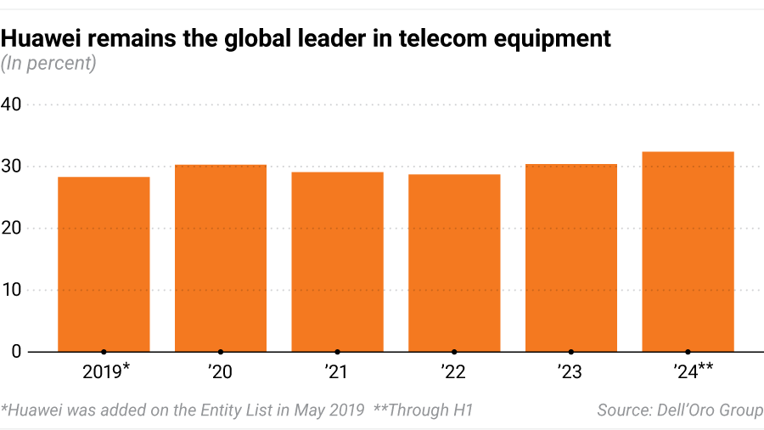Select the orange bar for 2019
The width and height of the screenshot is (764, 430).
104,264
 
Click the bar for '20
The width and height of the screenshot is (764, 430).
221,258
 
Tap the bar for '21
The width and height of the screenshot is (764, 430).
337,262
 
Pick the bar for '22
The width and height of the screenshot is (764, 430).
454,263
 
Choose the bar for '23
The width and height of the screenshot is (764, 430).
571,258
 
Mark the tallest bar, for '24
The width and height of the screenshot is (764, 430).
688,252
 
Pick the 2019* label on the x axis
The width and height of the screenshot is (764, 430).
106,371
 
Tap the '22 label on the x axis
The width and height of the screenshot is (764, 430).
454,371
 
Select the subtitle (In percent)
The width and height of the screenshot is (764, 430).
48,63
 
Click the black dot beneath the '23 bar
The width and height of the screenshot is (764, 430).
571,352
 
